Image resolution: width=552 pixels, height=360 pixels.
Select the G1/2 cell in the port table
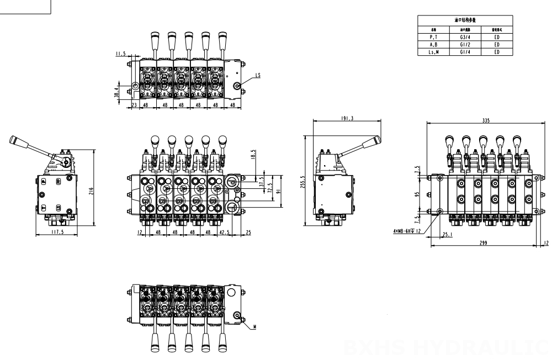point(464,44)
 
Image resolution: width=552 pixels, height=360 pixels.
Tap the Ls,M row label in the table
point(433,51)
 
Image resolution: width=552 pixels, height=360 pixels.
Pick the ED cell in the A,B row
point(497,44)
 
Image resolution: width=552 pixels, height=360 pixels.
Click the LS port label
point(259,75)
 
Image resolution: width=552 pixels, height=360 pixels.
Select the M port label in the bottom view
point(256,327)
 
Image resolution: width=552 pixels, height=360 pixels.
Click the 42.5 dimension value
point(225,233)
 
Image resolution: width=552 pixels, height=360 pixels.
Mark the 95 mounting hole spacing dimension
point(418,194)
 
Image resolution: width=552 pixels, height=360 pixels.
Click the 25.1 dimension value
point(447,234)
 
